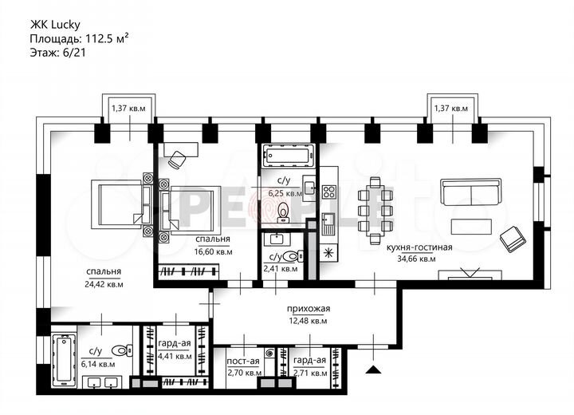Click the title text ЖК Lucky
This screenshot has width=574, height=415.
click(x=57, y=24)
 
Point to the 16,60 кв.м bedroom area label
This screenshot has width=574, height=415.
click(x=213, y=251)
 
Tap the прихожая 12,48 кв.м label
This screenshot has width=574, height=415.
click(x=309, y=314)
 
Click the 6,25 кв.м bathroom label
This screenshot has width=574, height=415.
click(x=285, y=192)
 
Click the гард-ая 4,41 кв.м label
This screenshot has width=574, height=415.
click(x=173, y=350)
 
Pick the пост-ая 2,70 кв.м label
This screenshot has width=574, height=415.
click(x=243, y=366)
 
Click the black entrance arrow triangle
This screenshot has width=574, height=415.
click(x=372, y=368)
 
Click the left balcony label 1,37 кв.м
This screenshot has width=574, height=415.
click(x=128, y=108)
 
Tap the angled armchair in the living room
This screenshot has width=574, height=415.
click(x=509, y=239)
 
